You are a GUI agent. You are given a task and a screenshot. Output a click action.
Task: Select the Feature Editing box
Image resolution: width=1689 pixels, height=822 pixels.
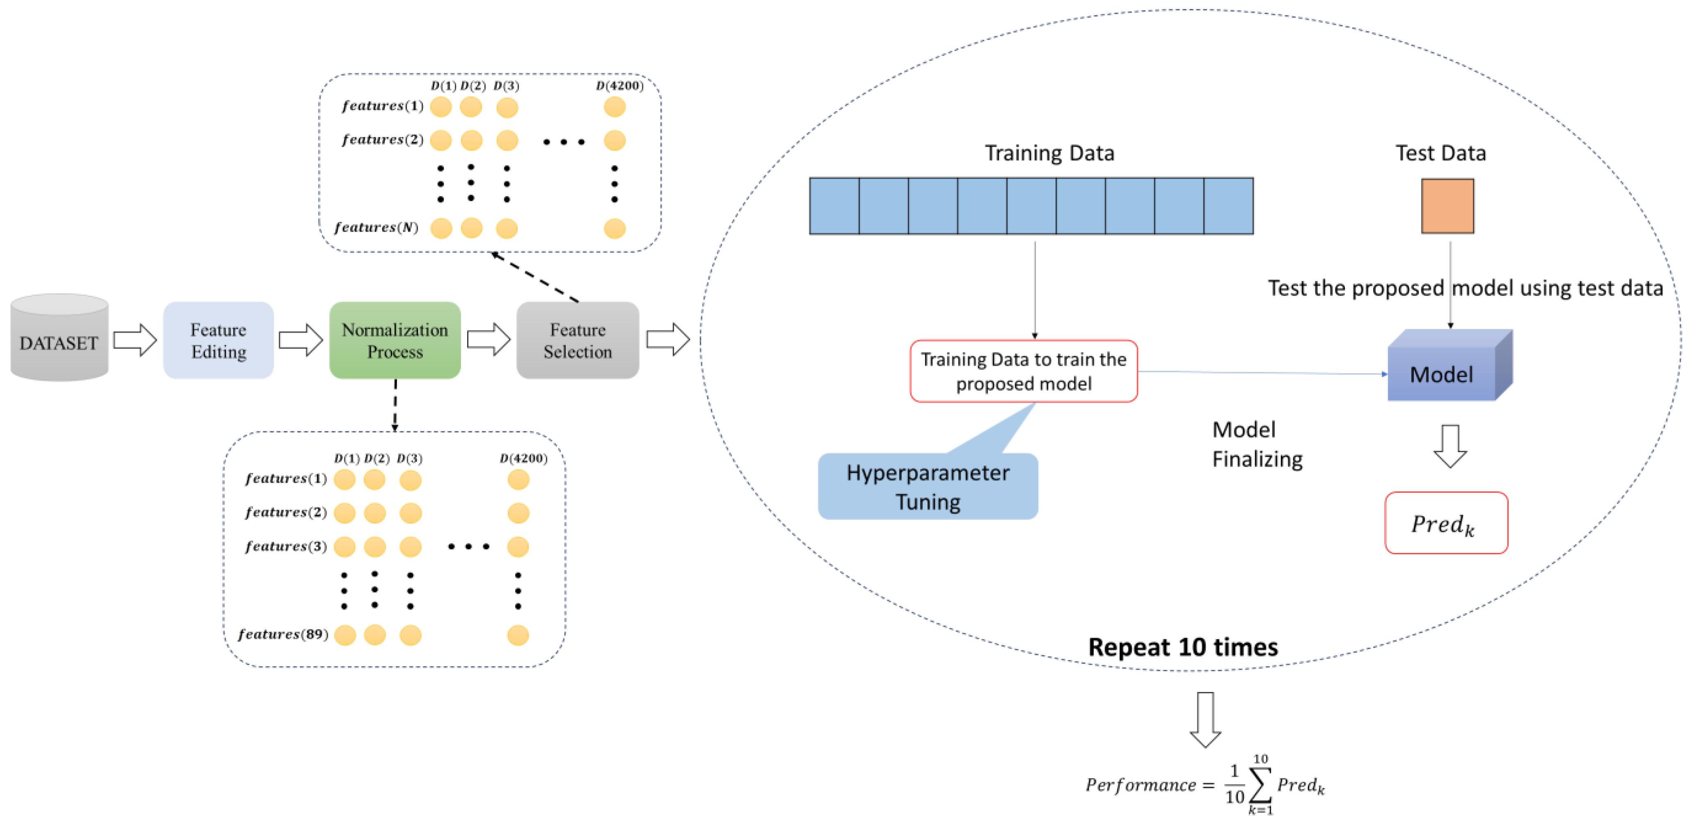218,340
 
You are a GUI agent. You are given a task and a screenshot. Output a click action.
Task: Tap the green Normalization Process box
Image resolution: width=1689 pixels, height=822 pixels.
395,340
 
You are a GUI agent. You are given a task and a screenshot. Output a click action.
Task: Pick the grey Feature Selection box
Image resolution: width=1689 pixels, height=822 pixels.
577,340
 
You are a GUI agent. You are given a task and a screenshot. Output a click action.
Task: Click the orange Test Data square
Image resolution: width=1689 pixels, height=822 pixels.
1447,206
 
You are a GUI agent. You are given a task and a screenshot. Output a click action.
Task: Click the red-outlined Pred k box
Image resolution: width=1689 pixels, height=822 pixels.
1446,523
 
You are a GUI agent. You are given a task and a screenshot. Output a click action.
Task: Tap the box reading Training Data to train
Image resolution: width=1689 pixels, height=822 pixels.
1023,371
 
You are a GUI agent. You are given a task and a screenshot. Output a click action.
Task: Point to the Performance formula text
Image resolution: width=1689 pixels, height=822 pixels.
1205,785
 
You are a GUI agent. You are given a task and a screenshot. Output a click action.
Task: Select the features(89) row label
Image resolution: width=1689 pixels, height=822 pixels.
283,634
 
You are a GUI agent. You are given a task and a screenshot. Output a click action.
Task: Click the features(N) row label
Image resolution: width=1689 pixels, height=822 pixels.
376,228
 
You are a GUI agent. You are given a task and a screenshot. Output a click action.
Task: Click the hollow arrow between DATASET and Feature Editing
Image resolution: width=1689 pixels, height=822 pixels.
135,339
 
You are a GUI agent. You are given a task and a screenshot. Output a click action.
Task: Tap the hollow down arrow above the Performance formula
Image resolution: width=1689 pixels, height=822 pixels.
1205,719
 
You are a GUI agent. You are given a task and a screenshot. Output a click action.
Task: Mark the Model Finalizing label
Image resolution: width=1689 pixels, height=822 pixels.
1256,444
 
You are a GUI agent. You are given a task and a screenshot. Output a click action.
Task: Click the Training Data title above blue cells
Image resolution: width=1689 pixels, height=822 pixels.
1049,153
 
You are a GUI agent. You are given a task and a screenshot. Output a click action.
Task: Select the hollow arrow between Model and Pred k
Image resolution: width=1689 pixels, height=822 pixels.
1450,446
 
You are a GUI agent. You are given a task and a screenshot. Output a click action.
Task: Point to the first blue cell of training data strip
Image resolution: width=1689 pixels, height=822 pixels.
834,206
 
